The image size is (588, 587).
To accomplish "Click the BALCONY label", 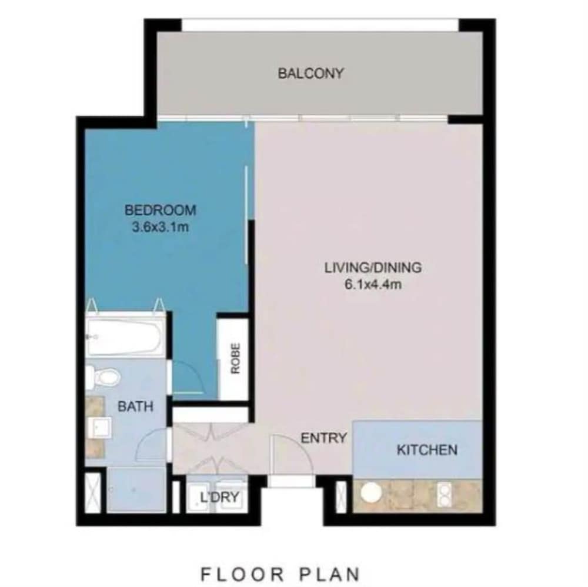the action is pyautogui.click(x=310, y=73).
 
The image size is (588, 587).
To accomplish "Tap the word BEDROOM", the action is pyautogui.click(x=160, y=210).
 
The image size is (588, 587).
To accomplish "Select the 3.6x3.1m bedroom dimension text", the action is pyautogui.click(x=160, y=227).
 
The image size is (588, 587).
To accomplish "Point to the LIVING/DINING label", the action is pyautogui.click(x=373, y=268).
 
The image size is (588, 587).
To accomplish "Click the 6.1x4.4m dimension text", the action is pyautogui.click(x=373, y=285).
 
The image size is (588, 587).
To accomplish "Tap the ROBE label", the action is pyautogui.click(x=235, y=359).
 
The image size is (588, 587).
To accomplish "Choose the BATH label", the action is pyautogui.click(x=135, y=406).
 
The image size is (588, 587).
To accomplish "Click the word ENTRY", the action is pyautogui.click(x=323, y=438).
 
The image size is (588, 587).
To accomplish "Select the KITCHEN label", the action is pyautogui.click(x=427, y=450).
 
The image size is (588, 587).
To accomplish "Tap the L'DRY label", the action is pyautogui.click(x=219, y=498).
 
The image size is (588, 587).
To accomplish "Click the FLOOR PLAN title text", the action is pyautogui.click(x=280, y=574).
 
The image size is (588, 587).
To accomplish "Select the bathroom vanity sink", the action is pyautogui.click(x=100, y=428).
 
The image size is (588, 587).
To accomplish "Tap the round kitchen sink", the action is pyautogui.click(x=371, y=492).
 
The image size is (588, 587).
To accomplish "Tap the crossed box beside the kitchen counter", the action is pyautogui.click(x=341, y=496).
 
